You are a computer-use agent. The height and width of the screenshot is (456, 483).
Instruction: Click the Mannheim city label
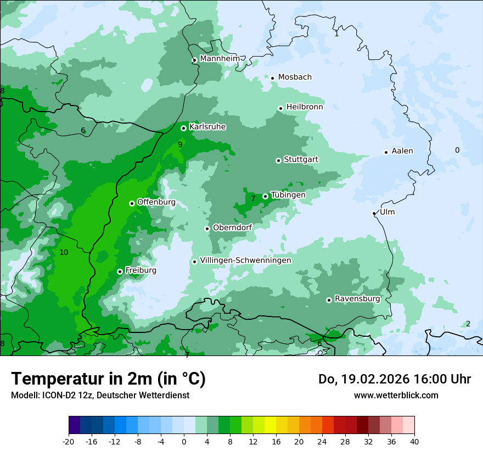coord(220,58)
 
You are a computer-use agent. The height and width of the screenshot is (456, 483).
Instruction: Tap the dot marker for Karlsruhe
coord(183,128)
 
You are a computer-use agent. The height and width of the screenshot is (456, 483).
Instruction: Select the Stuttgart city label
coord(301,159)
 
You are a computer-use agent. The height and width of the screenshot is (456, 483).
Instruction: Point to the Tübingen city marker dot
coord(265,196)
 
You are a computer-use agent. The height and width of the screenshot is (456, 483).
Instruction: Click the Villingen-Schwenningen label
coord(245,260)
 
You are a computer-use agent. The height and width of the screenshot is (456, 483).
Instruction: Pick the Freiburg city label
coord(141,270)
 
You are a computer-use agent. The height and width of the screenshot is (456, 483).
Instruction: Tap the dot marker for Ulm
coord(374,213)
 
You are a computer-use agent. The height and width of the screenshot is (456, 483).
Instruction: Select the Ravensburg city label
coord(357,299)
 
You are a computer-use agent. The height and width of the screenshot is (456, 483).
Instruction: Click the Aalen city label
coord(402,151)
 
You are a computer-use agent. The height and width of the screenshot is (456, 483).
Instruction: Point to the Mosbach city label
coord(295,77)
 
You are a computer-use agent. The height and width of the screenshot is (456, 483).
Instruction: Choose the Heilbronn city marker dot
coord(280,108)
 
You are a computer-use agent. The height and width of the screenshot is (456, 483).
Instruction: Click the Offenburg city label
coord(156,202)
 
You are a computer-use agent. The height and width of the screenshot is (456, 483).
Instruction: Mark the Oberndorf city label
coord(233,227)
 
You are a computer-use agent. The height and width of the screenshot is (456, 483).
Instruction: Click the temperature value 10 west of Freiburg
coord(64,252)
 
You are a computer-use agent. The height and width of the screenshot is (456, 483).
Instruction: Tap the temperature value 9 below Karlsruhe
coord(180,144)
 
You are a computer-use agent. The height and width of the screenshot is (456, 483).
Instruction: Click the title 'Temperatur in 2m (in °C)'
coord(109,379)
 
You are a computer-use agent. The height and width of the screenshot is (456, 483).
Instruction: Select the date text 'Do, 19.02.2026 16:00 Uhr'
coord(395,379)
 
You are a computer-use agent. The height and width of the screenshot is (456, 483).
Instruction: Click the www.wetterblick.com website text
coord(396,395)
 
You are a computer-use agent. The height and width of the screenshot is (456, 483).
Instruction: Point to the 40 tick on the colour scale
coord(414,441)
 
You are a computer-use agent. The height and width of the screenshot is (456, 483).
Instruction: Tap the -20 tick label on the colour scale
coord(69,441)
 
